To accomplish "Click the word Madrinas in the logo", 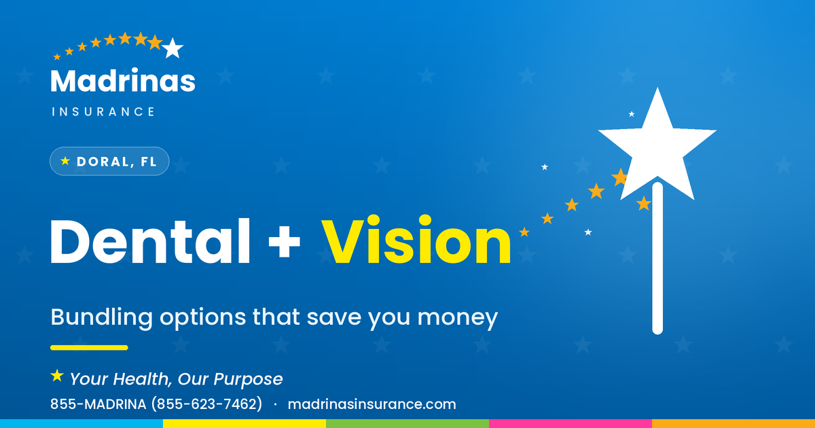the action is [123, 80].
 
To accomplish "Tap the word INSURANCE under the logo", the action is [103, 111].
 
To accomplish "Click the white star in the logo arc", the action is [173, 48].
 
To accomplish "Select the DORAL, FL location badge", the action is [109, 161].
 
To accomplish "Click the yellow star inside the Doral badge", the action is [65, 161].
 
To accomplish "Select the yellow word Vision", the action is [416, 239].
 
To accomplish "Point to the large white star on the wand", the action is [657, 145].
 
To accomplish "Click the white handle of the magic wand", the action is [657, 258].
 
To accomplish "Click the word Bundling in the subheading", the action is [101, 317].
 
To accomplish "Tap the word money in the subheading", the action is [457, 318].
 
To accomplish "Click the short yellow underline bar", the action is [89, 348].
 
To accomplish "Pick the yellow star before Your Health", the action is [57, 376].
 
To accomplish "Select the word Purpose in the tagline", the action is [248, 379].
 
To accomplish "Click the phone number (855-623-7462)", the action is [206, 404].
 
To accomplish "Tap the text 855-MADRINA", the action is [98, 404].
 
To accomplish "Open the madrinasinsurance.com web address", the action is [372, 404].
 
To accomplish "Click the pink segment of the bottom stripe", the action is [570, 424].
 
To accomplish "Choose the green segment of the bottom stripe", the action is [407, 424].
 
